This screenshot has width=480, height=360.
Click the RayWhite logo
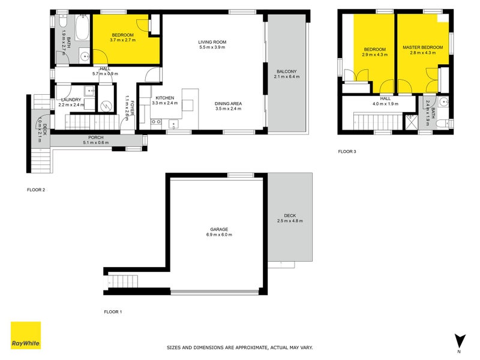click(26, 335)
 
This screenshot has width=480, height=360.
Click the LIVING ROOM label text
click(212, 42)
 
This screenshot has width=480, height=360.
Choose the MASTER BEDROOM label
click(422, 47)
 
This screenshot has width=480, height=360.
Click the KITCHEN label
click(164, 98)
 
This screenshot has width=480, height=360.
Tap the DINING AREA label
click(227, 103)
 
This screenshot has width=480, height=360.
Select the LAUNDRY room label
click(70, 100)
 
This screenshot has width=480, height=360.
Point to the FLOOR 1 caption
click(113, 312)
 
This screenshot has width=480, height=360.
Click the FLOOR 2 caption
click(36, 190)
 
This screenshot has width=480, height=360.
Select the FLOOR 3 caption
click(347, 152)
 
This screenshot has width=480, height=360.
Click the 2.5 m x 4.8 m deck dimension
click(290, 221)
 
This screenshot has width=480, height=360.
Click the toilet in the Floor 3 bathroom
click(443, 124)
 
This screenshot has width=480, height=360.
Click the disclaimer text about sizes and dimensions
click(239, 347)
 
